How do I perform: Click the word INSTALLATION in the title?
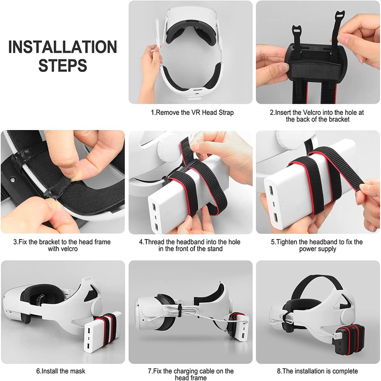point(63,47)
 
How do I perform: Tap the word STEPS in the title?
point(63,65)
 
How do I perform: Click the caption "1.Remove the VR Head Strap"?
point(192,112)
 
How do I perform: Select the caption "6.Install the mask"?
point(61,371)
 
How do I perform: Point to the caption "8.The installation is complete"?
point(317,371)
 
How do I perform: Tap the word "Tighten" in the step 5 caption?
point(287,242)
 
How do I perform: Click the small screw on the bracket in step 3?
point(12,180)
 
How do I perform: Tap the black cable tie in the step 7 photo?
point(180,311)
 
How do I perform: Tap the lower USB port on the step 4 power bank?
point(156,227)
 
